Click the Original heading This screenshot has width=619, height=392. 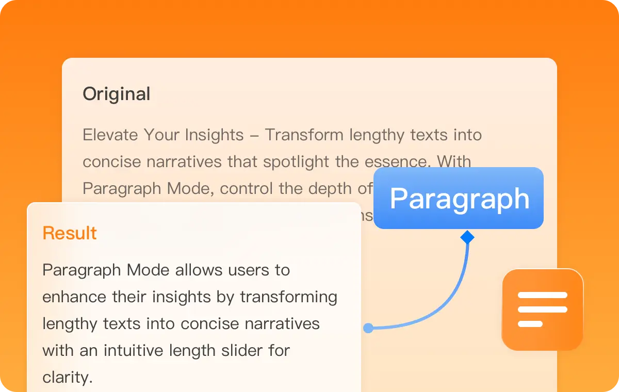pyautogui.click(x=117, y=94)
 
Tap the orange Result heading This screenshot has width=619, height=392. pyautogui.click(x=70, y=233)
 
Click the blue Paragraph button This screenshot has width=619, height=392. pyautogui.click(x=459, y=199)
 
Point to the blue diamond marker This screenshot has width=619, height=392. pyautogui.click(x=467, y=237)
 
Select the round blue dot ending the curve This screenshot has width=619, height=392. pyautogui.click(x=368, y=328)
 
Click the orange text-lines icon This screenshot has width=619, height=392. pyautogui.click(x=542, y=309)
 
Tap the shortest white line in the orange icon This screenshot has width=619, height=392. pyautogui.click(x=530, y=324)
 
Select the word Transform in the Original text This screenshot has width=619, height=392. pyautogui.click(x=305, y=135)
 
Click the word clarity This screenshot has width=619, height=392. pyautogui.click(x=67, y=378)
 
